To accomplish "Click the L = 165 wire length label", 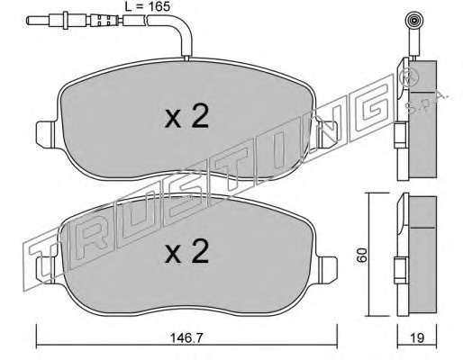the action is click(x=147, y=6).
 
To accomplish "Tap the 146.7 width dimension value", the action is click(x=187, y=338).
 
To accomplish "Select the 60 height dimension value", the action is click(x=362, y=256).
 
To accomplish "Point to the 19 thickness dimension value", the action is click(x=417, y=338).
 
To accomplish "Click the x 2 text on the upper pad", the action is click(x=186, y=118).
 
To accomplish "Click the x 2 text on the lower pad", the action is click(x=186, y=253).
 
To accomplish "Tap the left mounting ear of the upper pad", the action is click(x=46, y=134).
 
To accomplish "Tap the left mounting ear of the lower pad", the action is click(x=46, y=269).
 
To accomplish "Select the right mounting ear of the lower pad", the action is click(x=328, y=269).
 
